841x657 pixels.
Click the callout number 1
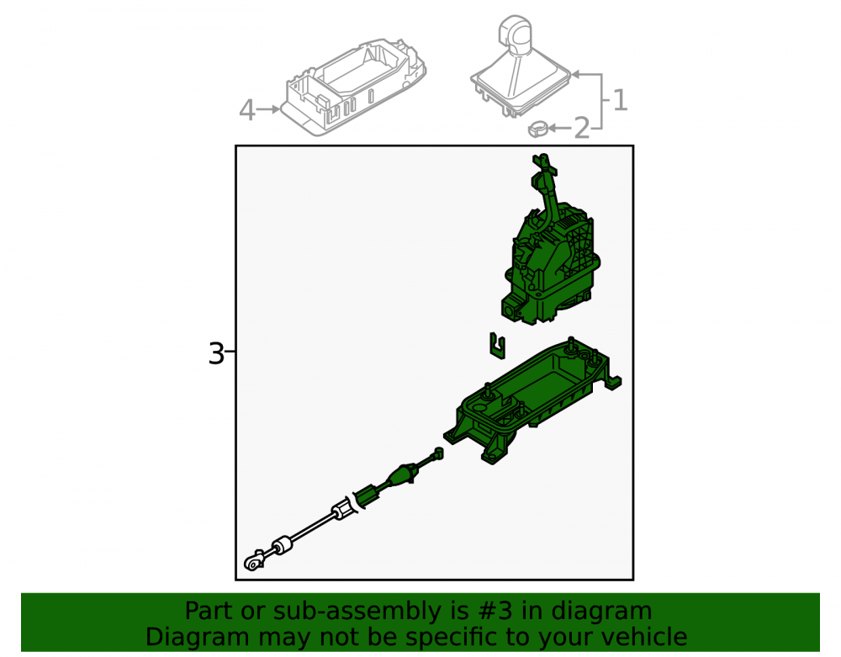tap(620, 100)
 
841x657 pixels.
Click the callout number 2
tap(581, 129)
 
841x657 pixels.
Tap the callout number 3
tap(215, 354)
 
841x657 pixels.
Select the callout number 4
tap(246, 110)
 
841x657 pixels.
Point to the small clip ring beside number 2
tap(537, 129)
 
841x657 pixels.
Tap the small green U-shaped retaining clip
tap(498, 346)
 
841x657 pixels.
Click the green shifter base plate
tap(532, 400)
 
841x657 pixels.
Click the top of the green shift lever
tap(543, 159)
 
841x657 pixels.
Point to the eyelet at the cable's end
tap(252, 562)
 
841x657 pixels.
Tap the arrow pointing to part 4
tap(268, 109)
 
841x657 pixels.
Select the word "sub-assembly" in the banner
tap(348, 612)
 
